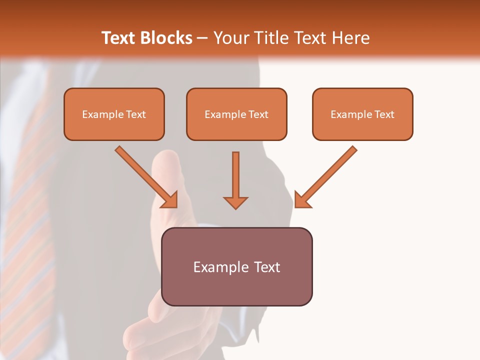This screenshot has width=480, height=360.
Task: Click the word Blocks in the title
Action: (165, 38)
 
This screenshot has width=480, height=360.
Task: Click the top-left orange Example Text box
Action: (114, 114)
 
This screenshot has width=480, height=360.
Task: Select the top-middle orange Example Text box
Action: (236, 114)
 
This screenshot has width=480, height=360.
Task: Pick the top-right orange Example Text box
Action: (362, 114)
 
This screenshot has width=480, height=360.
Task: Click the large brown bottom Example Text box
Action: (236, 267)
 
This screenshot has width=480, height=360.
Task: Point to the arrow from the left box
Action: (145, 175)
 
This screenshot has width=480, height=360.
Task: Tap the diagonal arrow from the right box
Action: (327, 175)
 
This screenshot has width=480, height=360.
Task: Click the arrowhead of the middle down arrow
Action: (235, 202)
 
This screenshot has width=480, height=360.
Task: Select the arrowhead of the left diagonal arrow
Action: (170, 200)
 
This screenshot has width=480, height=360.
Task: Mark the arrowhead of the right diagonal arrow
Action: (301, 200)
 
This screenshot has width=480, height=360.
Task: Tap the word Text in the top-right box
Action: (384, 114)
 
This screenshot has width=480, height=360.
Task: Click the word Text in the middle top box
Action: (258, 114)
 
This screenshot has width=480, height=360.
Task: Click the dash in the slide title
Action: (202, 38)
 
